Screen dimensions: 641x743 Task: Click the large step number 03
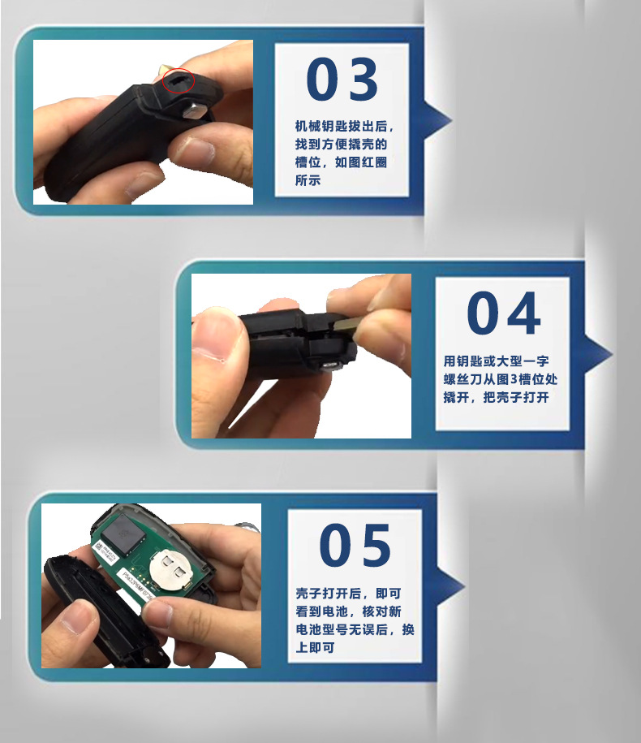(x=342, y=79)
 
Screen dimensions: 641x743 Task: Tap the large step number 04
(x=503, y=313)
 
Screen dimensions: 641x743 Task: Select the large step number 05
(x=355, y=546)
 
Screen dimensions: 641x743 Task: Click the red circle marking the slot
(x=179, y=80)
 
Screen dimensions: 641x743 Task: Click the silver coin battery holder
(x=171, y=569)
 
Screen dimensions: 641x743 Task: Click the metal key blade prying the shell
(x=348, y=324)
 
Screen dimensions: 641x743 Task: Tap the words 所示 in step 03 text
(x=308, y=180)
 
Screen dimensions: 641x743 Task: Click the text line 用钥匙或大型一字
(x=496, y=361)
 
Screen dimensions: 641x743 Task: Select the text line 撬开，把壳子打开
(x=496, y=397)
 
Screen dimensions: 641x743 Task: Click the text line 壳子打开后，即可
(x=348, y=594)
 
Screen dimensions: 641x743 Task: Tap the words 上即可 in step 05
(x=316, y=647)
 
